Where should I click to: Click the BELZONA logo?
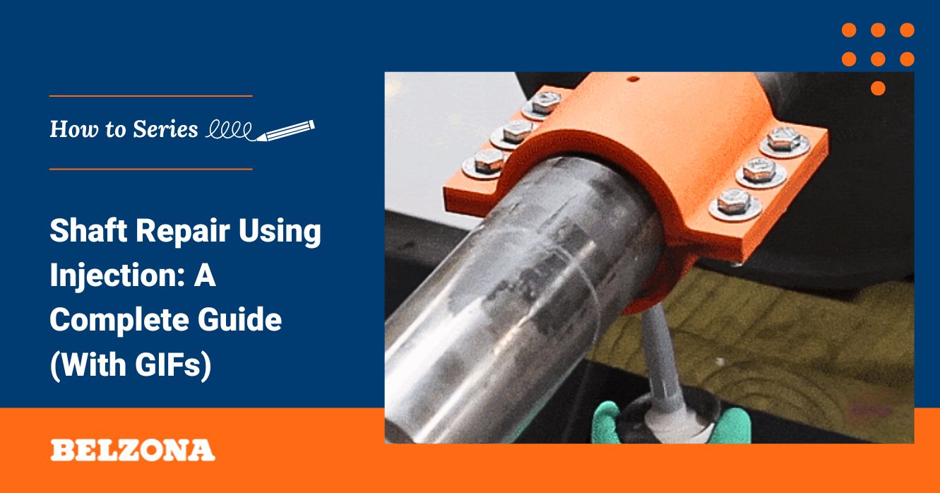(x=133, y=450)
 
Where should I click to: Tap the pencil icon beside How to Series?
(x=285, y=131)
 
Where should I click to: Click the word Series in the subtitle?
(x=165, y=129)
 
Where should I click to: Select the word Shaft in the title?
(x=88, y=230)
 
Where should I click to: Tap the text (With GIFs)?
(x=131, y=364)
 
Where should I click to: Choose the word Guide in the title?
(x=239, y=319)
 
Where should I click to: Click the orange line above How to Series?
(x=151, y=96)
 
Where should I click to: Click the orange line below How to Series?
(x=151, y=169)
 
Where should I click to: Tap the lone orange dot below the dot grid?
(x=878, y=88)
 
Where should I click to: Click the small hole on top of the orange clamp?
(x=633, y=78)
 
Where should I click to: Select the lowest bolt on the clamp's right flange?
(x=734, y=203)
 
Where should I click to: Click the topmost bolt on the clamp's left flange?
(x=545, y=104)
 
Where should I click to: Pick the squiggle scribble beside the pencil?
(x=230, y=131)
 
